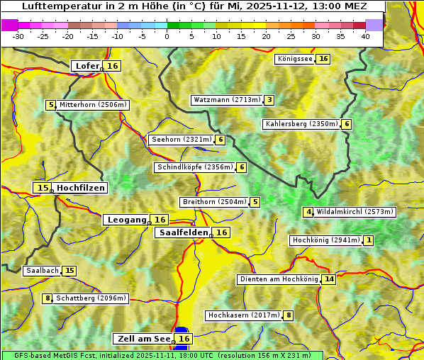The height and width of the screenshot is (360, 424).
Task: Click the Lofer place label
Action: point(87,66)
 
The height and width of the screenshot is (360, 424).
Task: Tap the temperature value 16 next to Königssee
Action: point(323,59)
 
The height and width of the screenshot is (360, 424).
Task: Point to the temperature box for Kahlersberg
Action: point(346,125)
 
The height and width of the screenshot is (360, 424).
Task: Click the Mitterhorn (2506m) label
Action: point(93,105)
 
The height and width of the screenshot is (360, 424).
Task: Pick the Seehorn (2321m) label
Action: point(182,140)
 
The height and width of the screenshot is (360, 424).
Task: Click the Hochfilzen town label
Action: point(81,188)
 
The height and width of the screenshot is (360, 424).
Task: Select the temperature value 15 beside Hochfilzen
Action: point(43,188)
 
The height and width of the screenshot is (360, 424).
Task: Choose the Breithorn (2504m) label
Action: point(213,202)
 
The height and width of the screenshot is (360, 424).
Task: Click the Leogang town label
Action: point(127,220)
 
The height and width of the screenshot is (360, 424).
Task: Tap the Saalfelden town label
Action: point(183,232)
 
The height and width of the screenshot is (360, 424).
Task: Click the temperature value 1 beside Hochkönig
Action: point(369,240)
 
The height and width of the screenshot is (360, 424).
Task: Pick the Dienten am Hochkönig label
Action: point(279,279)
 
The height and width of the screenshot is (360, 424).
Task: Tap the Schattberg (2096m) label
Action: point(91,298)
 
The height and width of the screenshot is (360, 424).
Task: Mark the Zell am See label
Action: point(143,339)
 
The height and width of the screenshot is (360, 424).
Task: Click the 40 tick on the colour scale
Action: point(365,35)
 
